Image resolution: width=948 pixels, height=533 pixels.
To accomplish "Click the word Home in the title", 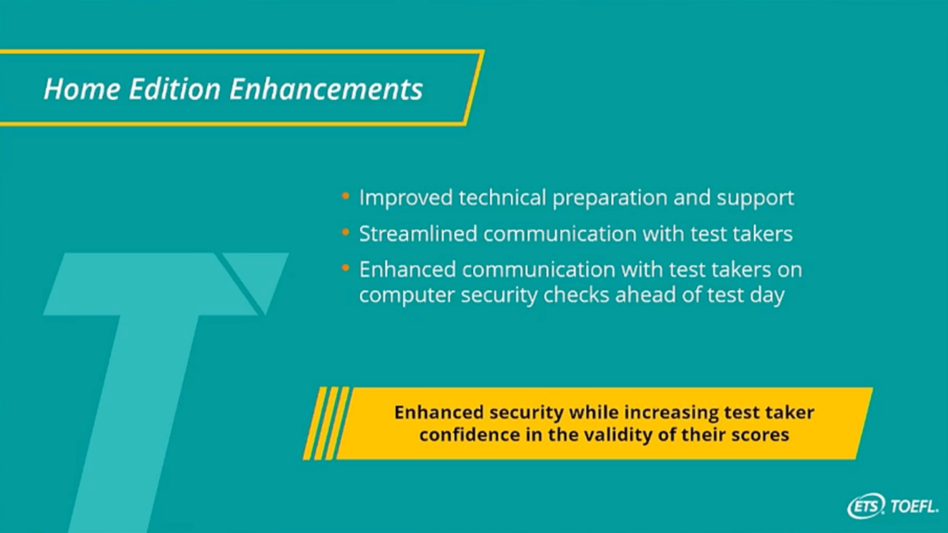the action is tap(82, 89).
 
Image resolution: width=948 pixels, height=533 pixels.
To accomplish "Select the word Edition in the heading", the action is tap(175, 89).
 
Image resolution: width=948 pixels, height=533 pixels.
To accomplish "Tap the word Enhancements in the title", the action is tap(326, 89).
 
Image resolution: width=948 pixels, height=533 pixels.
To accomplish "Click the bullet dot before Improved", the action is tap(346, 196).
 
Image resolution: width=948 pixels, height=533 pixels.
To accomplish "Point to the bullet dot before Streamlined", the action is tap(346, 233).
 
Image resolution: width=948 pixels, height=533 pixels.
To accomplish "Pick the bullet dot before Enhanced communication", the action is tap(346, 268).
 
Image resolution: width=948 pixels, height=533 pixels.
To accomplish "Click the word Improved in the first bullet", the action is tap(406, 198).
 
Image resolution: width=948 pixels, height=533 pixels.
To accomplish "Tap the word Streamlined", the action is tap(419, 234).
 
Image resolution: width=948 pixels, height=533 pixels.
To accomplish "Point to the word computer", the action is tap(407, 295).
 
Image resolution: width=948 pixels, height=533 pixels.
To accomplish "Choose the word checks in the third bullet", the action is tap(576, 295).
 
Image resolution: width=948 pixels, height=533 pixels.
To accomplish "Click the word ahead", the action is tap(644, 295).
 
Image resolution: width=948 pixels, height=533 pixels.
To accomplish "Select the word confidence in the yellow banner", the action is tap(469, 435).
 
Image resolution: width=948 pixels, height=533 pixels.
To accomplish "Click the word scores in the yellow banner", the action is tap(760, 435).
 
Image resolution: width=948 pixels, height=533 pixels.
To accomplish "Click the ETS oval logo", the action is tap(866, 507).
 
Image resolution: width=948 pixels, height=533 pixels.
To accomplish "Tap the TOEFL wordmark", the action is tap(914, 507).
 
